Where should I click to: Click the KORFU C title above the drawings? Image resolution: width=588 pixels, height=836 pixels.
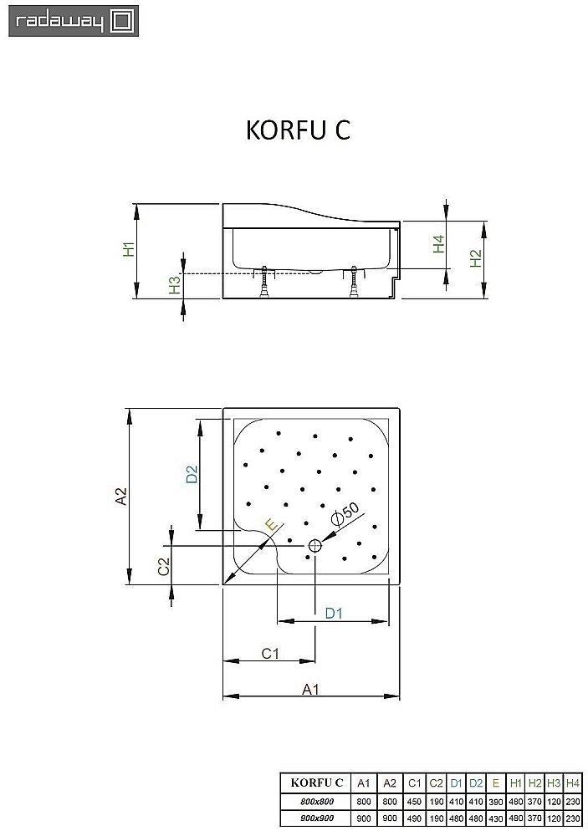pyautogui.click(x=297, y=132)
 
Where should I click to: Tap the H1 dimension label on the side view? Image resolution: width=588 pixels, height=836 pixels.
pyautogui.click(x=128, y=249)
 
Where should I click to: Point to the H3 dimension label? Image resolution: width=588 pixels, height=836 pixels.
pyautogui.click(x=174, y=285)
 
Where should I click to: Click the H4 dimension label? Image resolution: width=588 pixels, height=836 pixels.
pyautogui.click(x=437, y=244)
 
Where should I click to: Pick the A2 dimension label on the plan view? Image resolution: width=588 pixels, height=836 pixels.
pyautogui.click(x=121, y=497)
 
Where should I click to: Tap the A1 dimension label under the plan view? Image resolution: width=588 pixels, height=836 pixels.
pyautogui.click(x=310, y=689)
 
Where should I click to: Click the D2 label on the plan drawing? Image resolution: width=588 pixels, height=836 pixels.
pyautogui.click(x=191, y=474)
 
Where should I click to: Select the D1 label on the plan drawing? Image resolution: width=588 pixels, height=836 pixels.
pyautogui.click(x=334, y=614)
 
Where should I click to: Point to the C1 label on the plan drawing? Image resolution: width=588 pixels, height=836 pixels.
pyautogui.click(x=269, y=653)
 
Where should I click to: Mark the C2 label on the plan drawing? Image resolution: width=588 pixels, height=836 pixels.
pyautogui.click(x=164, y=565)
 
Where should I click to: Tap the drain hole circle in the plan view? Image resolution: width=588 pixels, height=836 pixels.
pyautogui.click(x=315, y=546)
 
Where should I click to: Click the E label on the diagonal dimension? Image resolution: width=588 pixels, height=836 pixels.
pyautogui.click(x=268, y=525)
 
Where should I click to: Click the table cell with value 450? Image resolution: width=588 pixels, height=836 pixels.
pyautogui.click(x=415, y=801)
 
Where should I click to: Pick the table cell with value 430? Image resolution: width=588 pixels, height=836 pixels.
pyautogui.click(x=496, y=818)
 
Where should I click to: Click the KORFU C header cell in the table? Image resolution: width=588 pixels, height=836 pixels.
pyautogui.click(x=315, y=783)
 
